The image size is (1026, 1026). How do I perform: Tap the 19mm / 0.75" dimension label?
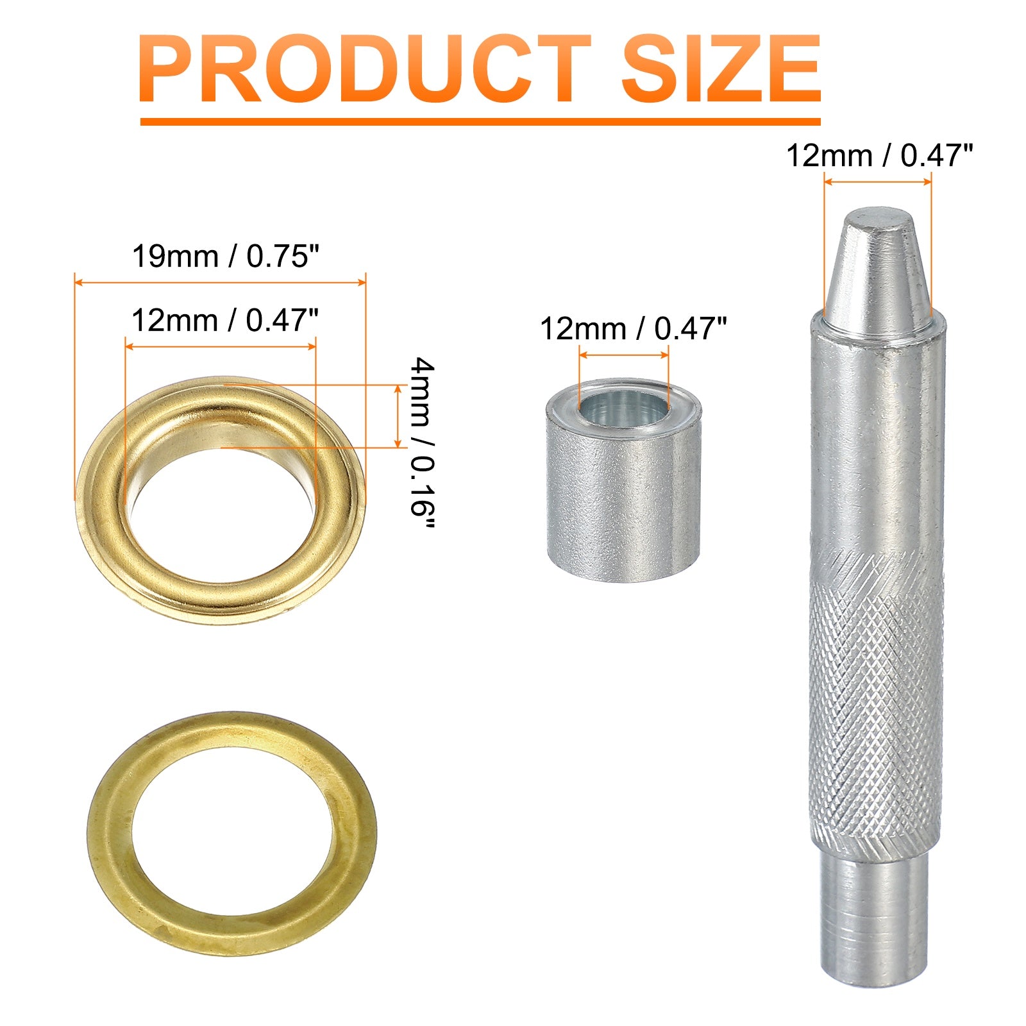point(226,256)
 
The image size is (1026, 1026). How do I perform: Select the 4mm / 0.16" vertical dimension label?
point(423,444)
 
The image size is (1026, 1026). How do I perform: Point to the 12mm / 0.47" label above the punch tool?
point(880,156)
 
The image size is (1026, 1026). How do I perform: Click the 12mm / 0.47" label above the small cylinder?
point(634,329)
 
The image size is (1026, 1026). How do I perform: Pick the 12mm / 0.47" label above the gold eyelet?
point(225,320)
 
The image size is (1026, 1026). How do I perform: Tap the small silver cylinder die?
point(623,480)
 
